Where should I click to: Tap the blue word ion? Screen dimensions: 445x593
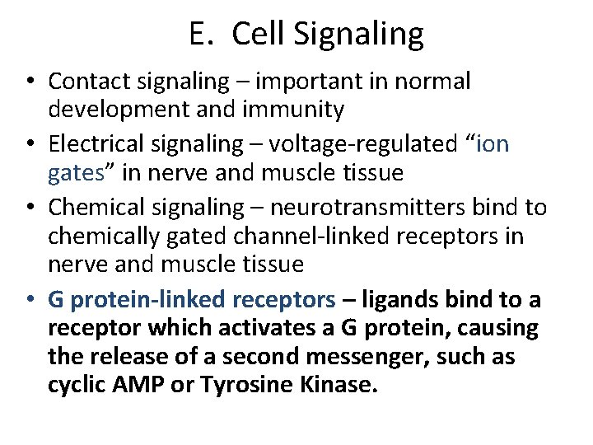tap(492, 144)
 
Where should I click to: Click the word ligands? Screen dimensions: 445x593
tap(399, 299)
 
